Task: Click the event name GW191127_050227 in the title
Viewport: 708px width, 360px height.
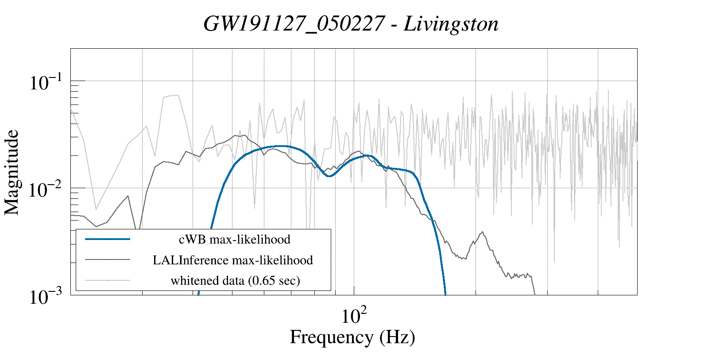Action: [293, 24]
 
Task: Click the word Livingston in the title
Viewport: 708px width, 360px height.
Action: [451, 24]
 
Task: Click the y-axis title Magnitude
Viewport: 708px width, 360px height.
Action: [12, 172]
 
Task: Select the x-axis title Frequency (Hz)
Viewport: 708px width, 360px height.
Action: [352, 337]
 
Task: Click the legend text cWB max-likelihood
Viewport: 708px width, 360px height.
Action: [234, 240]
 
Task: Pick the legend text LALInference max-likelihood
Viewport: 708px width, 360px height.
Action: [233, 260]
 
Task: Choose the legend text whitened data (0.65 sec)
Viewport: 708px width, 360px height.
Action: [235, 280]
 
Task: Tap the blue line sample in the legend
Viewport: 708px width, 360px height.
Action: [108, 239]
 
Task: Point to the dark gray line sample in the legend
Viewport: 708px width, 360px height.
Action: [108, 259]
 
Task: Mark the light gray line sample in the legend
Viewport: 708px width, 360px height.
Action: [108, 280]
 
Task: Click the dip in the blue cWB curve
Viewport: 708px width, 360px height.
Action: [329, 176]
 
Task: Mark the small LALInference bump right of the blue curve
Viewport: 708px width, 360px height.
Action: [482, 232]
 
